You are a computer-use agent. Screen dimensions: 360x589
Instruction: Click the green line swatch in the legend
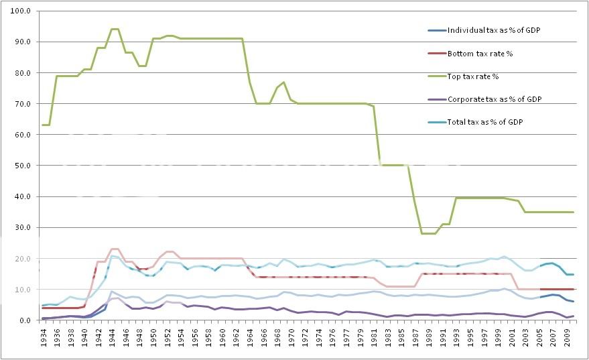(x=437, y=76)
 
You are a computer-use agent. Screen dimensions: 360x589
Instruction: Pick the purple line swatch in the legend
(x=437, y=99)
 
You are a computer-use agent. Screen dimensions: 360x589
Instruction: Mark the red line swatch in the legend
(x=437, y=53)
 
